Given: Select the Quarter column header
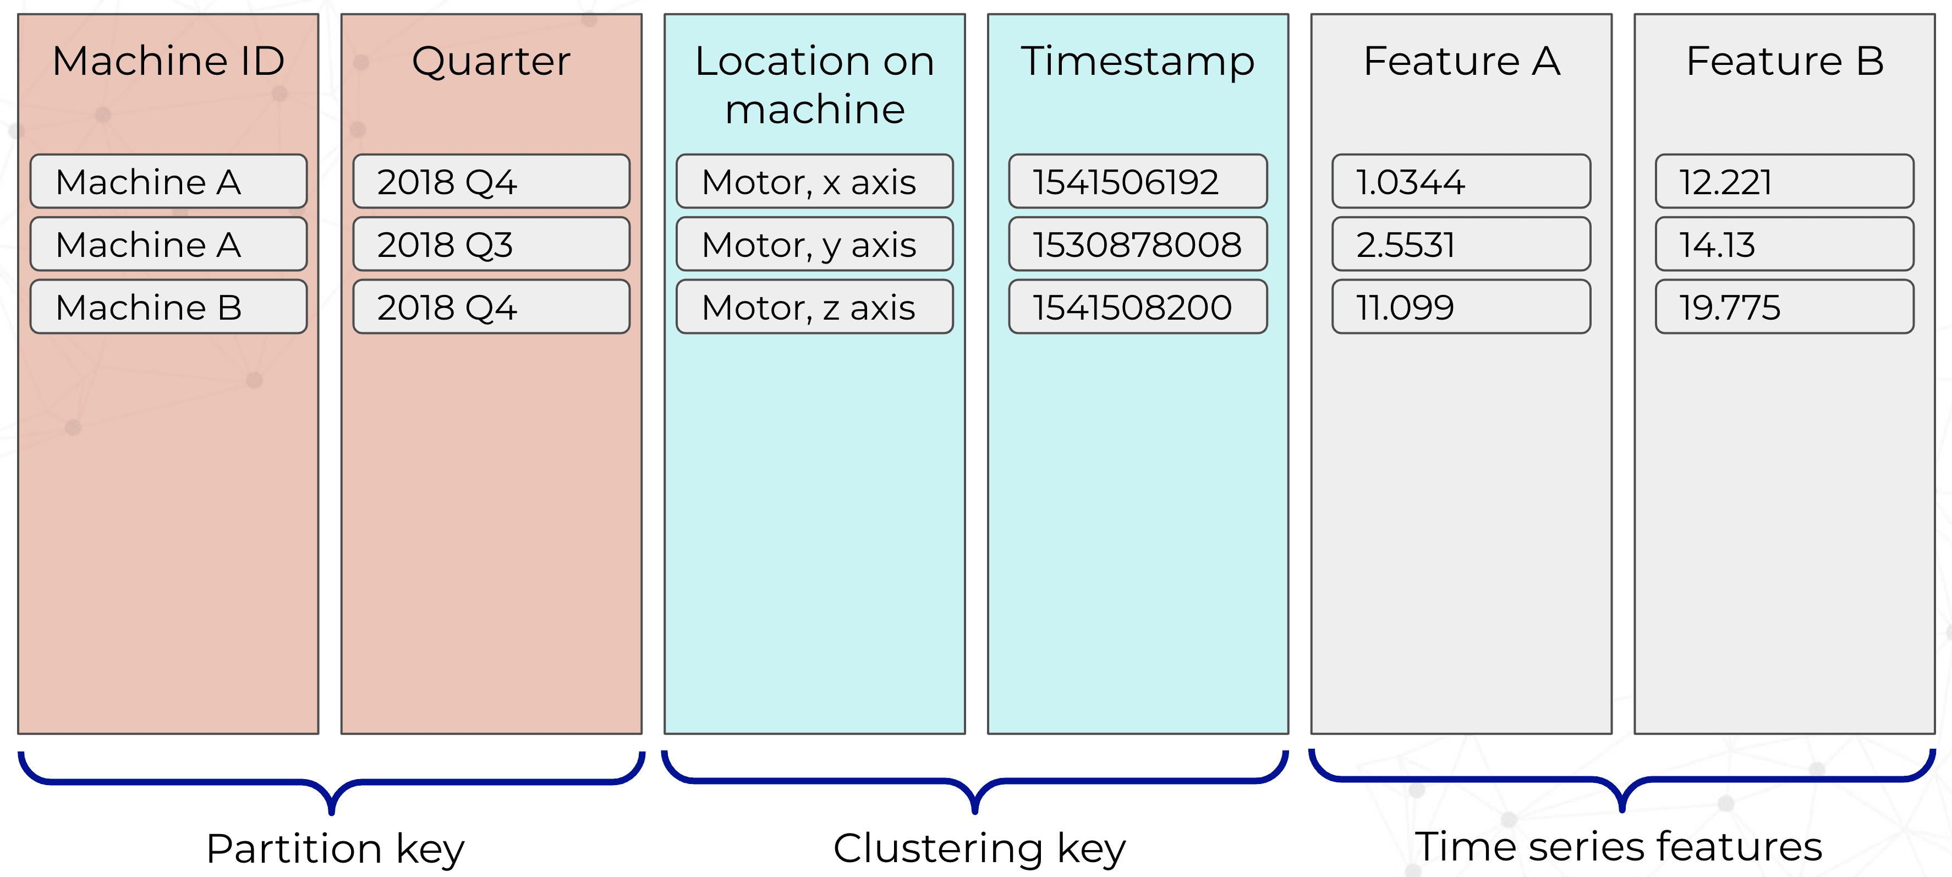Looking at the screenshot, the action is [x=491, y=62].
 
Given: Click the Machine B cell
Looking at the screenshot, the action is [x=168, y=307].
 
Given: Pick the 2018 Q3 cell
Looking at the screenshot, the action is [x=491, y=244].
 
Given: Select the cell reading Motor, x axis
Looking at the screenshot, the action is [x=815, y=181].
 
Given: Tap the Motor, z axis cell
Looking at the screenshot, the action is [x=815, y=307].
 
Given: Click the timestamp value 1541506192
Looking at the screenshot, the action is [x=1137, y=181].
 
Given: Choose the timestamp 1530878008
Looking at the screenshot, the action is [x=1137, y=244].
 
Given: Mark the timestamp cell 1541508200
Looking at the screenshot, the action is [x=1137, y=307].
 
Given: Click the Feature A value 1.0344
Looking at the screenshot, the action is [x=1461, y=181].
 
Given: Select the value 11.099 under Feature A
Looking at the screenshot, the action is [x=1461, y=307].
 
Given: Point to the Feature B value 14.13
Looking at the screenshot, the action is [x=1785, y=244].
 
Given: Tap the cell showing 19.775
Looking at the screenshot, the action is [x=1785, y=307].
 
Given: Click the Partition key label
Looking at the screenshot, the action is [x=335, y=849].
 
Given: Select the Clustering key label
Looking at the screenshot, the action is [x=979, y=849].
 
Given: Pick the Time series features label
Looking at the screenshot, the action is [x=1619, y=847].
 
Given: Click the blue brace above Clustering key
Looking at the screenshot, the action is [x=974, y=781].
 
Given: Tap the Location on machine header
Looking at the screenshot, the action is [x=815, y=85].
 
